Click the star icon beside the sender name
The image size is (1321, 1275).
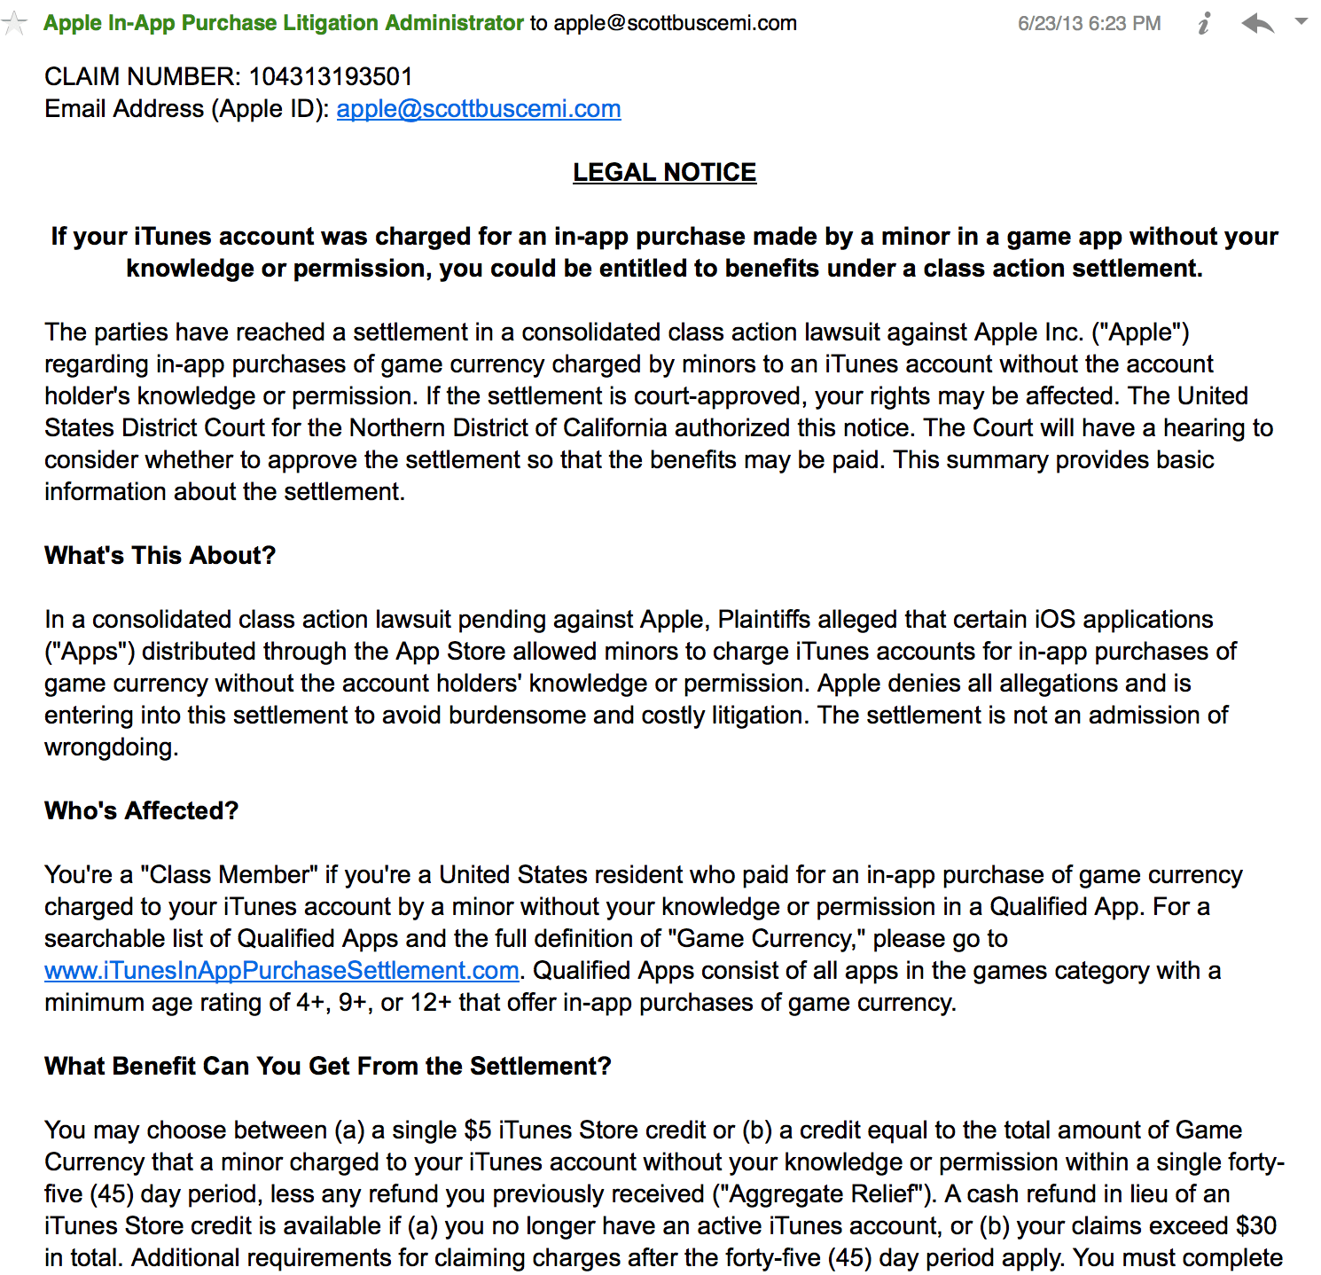[x=14, y=23]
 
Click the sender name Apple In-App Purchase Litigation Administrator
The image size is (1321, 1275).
[x=284, y=23]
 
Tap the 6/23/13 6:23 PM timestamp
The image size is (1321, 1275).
[x=1089, y=24]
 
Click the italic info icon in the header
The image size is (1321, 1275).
[x=1204, y=24]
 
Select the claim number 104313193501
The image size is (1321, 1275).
[x=331, y=77]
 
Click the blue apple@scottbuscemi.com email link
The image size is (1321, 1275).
[x=479, y=109]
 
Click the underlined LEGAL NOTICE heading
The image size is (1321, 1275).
[x=664, y=173]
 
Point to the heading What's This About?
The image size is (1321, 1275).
[x=160, y=556]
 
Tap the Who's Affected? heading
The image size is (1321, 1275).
[x=142, y=811]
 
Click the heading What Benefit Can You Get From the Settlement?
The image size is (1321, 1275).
[x=328, y=1067]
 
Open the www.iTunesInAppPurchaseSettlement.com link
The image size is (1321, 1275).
[x=282, y=971]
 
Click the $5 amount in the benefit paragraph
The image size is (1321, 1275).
[x=478, y=1130]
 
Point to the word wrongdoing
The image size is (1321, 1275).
[x=111, y=747]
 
